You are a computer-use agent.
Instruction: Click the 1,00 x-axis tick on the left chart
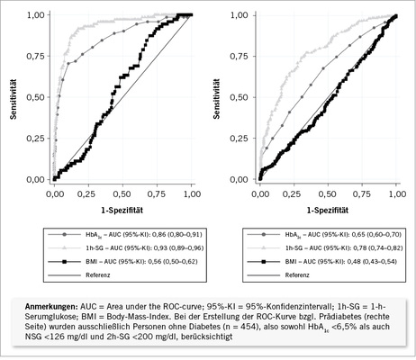tap(192, 193)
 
